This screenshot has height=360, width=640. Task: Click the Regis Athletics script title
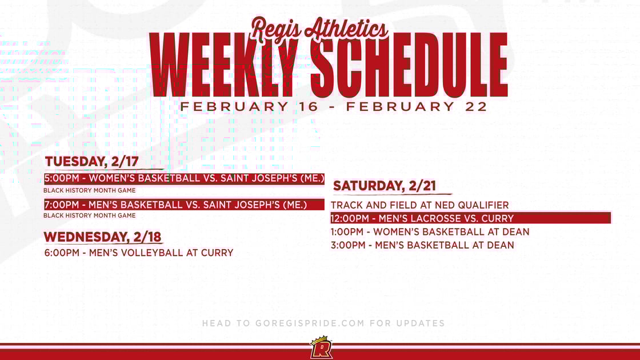click(319, 28)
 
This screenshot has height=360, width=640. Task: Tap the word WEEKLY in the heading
click(223, 66)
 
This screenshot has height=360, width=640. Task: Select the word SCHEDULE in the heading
click(410, 66)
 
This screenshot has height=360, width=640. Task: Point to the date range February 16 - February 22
click(334, 107)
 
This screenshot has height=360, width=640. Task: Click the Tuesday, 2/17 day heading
click(91, 162)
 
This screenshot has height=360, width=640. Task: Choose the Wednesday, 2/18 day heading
click(103, 237)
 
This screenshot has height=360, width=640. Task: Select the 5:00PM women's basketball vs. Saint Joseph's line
click(184, 178)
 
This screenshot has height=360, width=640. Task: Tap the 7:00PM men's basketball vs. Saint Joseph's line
click(175, 205)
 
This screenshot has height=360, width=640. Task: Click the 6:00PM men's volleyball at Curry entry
click(138, 253)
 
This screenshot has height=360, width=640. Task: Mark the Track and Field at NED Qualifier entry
click(419, 205)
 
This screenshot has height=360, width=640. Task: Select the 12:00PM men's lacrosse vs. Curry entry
click(422, 218)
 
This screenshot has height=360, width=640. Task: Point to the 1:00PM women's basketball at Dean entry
click(430, 232)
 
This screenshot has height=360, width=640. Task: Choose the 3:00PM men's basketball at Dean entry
click(422, 245)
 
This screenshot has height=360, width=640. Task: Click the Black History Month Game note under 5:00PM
click(90, 190)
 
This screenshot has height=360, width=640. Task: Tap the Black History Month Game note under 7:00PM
click(90, 215)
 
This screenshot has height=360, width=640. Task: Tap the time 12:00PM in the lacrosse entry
click(350, 218)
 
